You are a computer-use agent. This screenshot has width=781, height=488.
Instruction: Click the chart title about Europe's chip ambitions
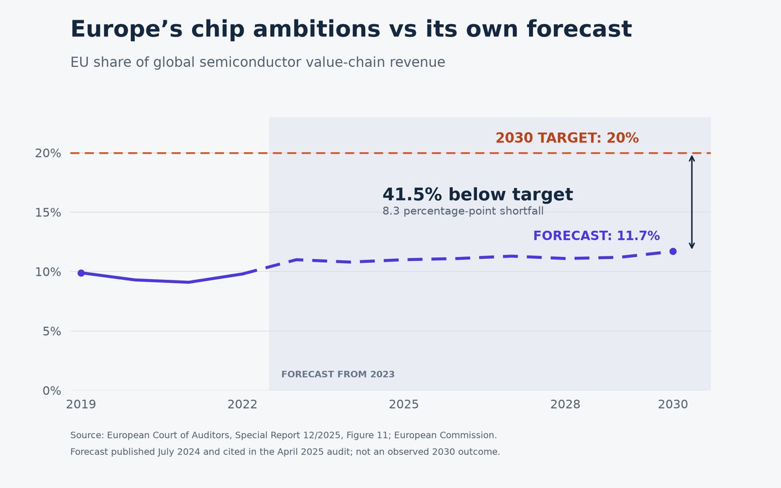click(x=351, y=29)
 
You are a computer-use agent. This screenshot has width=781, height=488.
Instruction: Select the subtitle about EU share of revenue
click(x=258, y=62)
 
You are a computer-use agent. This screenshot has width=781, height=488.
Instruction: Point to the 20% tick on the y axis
click(x=48, y=154)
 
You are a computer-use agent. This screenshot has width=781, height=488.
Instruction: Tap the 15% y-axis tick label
click(x=48, y=213)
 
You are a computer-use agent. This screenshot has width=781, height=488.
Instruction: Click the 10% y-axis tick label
click(x=48, y=272)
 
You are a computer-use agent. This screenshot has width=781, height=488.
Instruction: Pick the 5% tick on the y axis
click(x=52, y=331)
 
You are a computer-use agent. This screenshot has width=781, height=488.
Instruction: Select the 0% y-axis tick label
click(x=52, y=391)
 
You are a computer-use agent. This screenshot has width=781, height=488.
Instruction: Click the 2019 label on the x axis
click(x=81, y=404)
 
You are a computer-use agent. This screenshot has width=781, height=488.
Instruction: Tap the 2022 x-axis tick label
click(x=242, y=404)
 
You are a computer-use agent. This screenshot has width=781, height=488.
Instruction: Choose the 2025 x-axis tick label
click(x=404, y=404)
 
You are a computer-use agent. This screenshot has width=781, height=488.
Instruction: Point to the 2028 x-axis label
click(x=565, y=404)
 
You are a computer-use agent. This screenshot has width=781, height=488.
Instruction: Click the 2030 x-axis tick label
click(x=673, y=404)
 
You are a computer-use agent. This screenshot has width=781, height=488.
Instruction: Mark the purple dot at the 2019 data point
click(x=81, y=273)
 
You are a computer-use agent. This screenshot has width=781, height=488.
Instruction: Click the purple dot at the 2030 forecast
click(x=673, y=251)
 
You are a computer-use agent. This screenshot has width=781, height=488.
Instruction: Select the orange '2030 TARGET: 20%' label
click(x=568, y=138)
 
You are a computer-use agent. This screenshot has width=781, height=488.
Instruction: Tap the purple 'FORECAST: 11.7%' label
click(x=597, y=236)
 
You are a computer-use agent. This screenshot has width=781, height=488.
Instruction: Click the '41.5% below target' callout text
click(x=478, y=194)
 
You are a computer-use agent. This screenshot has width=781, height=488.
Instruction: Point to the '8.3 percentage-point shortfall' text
click(x=463, y=211)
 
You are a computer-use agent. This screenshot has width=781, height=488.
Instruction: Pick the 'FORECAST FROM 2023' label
click(x=338, y=374)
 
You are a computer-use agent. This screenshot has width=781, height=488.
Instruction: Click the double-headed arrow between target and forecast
click(x=692, y=202)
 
